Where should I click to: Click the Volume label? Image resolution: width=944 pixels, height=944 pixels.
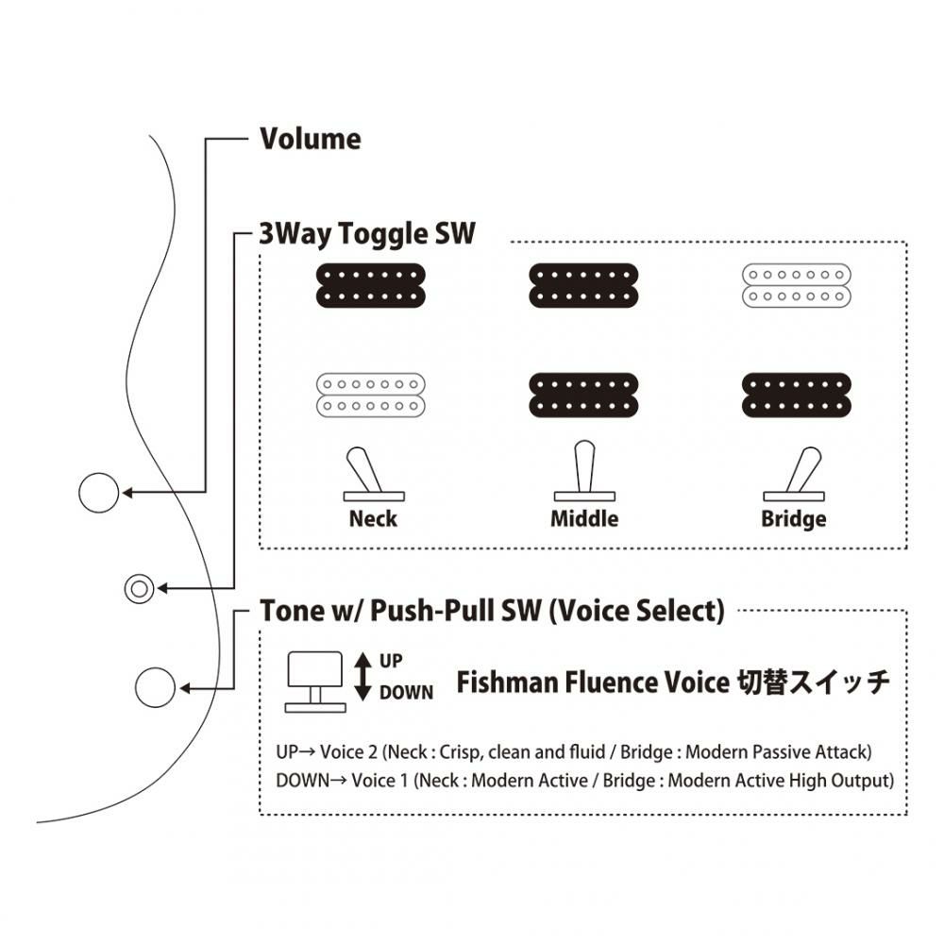(310, 140)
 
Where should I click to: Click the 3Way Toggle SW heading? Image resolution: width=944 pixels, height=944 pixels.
(368, 233)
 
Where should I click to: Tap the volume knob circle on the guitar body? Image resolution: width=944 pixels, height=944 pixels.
(97, 492)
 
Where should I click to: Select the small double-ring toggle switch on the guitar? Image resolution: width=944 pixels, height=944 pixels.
(139, 588)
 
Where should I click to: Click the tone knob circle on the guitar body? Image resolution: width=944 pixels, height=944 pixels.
(156, 686)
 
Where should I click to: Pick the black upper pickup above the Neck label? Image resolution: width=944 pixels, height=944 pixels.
(370, 284)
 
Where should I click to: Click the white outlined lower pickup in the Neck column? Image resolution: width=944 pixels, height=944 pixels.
(370, 396)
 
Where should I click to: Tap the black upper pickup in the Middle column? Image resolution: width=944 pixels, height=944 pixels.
(583, 284)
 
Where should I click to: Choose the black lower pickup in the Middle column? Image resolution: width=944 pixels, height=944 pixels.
(583, 396)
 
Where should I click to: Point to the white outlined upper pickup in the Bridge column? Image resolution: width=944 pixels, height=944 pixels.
(796, 284)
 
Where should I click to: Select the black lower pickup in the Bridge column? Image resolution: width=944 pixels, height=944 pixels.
(796, 396)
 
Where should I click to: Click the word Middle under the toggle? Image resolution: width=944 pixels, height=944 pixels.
(584, 519)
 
